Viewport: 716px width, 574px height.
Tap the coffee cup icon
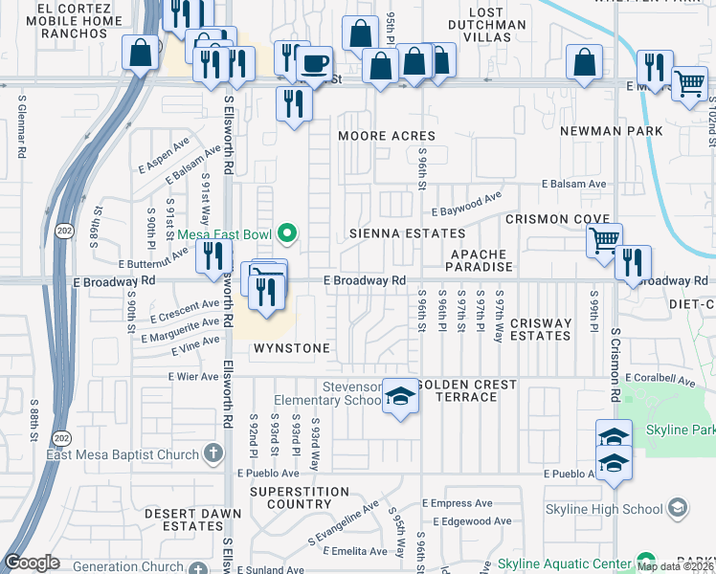point(313,64)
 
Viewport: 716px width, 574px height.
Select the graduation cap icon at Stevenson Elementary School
point(401,395)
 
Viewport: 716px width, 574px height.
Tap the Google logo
point(32,563)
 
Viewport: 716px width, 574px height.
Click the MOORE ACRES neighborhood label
point(387,136)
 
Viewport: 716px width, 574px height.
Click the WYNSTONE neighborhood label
point(292,348)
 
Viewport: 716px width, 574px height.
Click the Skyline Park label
point(680,430)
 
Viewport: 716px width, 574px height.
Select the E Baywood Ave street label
point(466,206)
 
